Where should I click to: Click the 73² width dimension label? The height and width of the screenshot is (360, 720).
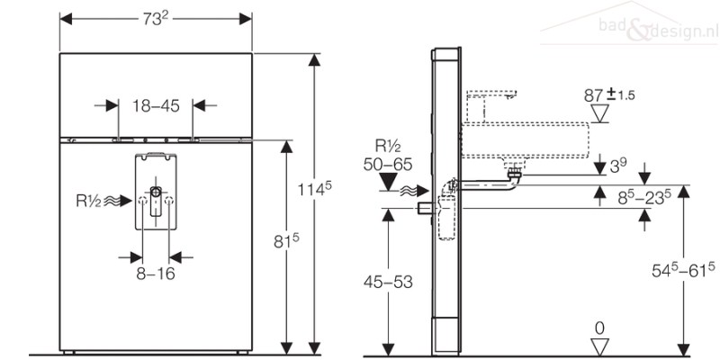156,19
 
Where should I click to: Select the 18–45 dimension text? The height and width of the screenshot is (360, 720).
156,106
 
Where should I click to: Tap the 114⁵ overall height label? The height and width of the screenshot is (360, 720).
314,190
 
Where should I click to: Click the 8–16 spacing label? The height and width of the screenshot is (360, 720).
156,274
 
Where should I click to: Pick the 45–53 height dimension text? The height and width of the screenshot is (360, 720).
388,282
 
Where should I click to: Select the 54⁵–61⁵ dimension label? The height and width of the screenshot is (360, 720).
684,270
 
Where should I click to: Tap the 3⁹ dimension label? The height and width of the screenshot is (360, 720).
618,165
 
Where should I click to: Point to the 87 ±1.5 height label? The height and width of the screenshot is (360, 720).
609,95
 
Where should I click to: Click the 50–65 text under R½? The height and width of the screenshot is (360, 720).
388,165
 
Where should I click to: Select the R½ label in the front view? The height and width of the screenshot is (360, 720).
88,201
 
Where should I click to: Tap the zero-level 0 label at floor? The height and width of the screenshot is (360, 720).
599,328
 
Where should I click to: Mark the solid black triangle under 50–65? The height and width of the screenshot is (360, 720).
389,182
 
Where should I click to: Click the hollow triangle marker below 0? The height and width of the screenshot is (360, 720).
599,346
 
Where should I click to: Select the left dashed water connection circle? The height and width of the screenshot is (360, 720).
143,201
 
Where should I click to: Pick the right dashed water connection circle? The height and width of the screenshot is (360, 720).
169,201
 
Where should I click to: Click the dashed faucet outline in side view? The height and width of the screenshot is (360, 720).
490,106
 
